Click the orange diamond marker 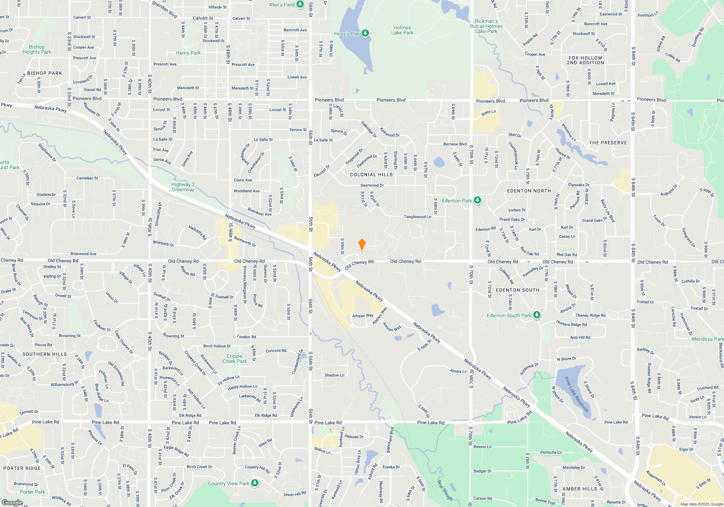362,244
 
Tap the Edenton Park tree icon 477,200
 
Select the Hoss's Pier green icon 365,33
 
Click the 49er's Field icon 300,4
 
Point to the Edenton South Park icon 537,315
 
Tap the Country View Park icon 255,483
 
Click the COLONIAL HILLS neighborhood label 371,175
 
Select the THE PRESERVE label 608,143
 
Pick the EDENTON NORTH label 529,191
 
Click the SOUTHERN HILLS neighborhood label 45,354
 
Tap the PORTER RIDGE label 22,468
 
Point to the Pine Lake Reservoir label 577,394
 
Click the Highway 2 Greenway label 183,187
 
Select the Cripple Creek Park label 235,359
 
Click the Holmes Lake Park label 402,30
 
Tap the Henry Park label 188,53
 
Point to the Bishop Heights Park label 37,49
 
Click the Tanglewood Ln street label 417,217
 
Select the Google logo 12,502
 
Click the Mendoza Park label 707,339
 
